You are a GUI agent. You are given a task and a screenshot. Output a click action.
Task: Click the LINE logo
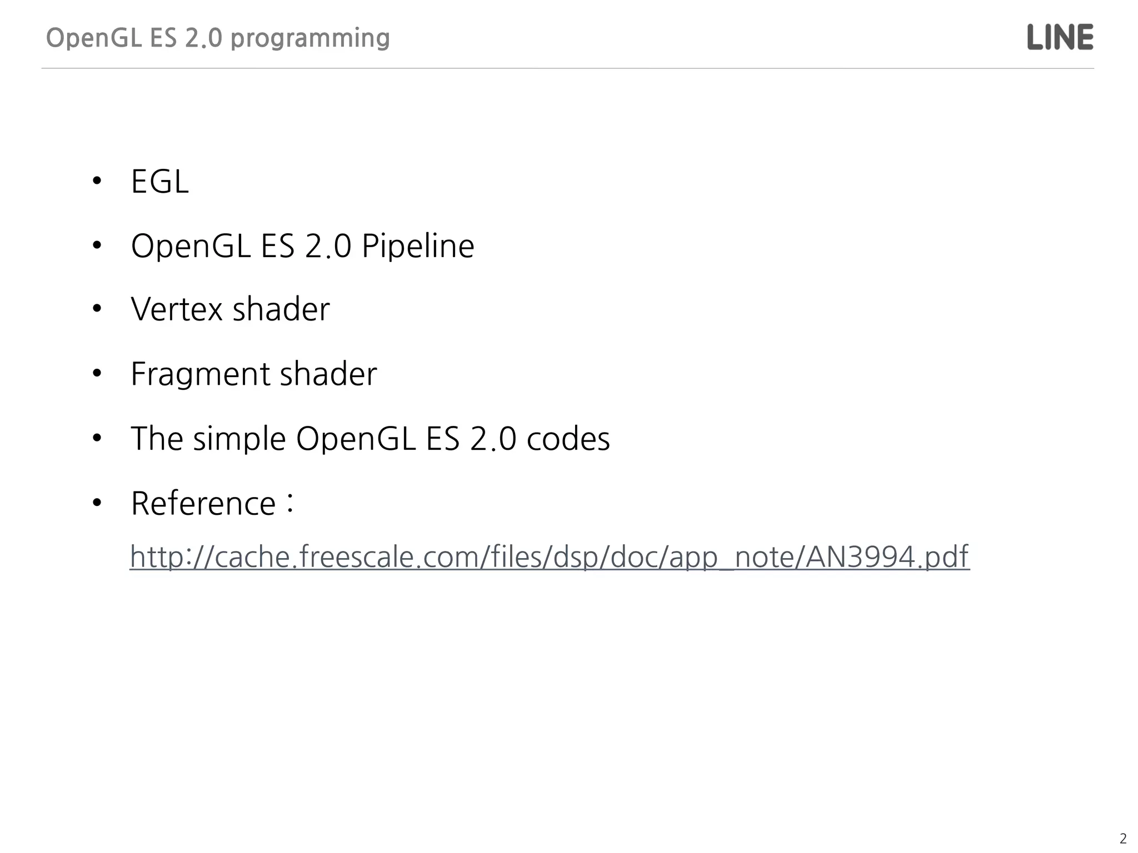[x=1060, y=37]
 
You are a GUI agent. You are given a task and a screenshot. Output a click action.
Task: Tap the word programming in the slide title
[x=310, y=38]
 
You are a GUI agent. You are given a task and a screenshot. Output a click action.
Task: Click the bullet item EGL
[x=159, y=181]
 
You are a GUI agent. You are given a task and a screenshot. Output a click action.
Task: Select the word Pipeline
[x=418, y=246]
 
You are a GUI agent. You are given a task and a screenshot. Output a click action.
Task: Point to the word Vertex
[x=176, y=309]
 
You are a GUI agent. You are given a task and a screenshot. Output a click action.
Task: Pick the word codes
[x=568, y=439]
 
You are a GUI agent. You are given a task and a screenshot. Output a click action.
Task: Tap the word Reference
[x=203, y=504]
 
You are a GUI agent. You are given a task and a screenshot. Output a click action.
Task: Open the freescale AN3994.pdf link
[x=550, y=556]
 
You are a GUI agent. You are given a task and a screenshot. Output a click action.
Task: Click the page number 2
[x=1123, y=839]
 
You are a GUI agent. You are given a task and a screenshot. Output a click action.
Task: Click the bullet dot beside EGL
[x=97, y=181]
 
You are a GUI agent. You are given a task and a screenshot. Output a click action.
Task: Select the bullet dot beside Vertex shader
[x=97, y=309]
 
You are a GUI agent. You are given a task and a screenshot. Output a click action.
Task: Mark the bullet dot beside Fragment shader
[x=97, y=374]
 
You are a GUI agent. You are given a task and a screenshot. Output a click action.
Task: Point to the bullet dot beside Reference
[x=97, y=503]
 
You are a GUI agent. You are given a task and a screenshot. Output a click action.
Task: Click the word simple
[x=239, y=439]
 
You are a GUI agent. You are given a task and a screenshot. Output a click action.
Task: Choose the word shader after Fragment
[x=328, y=374]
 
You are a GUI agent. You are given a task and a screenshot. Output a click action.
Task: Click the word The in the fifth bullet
[x=157, y=439]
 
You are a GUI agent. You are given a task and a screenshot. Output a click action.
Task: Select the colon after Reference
[x=290, y=502]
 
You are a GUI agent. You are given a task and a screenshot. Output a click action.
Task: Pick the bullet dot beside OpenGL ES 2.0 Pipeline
[x=97, y=245]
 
